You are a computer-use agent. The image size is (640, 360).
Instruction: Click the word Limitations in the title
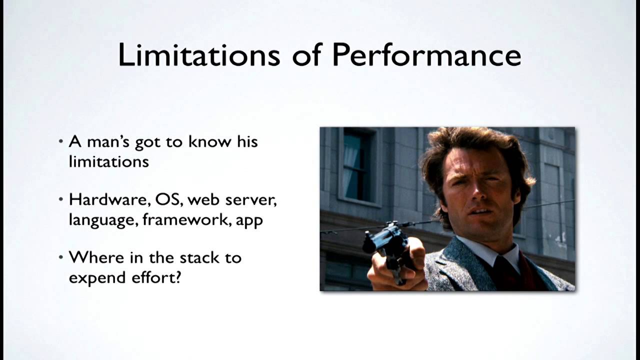pos(199,54)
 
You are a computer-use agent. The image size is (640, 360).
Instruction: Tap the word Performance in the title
pos(427,54)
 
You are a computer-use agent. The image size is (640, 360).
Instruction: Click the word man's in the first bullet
pos(108,141)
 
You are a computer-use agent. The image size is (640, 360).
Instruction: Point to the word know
pos(209,141)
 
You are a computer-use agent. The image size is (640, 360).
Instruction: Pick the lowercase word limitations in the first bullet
pos(109,161)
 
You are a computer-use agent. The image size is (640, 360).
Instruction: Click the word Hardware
pos(110,199)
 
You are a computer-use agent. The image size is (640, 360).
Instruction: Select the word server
pos(251,200)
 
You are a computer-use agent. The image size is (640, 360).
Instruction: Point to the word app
pos(249,221)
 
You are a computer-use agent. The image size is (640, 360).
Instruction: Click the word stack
pos(199,257)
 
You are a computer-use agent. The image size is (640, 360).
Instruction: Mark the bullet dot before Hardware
pos(61,199)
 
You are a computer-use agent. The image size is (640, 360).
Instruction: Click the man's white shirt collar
pos(492,251)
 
